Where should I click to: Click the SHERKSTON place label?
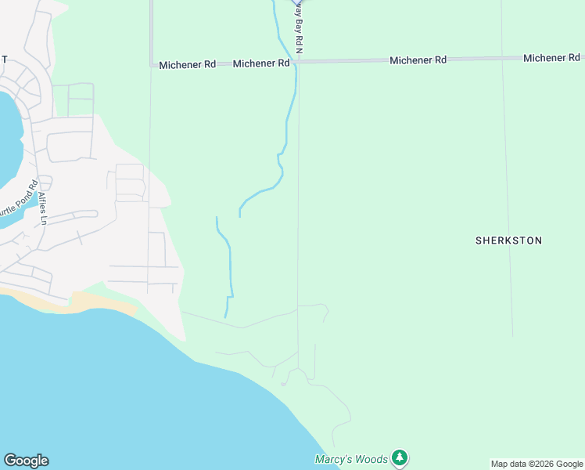[508, 240]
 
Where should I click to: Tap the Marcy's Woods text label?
[351, 459]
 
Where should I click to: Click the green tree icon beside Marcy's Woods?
[400, 457]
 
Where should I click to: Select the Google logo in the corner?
[26, 461]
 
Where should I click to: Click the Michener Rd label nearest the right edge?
[551, 58]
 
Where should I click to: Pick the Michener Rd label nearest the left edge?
[187, 65]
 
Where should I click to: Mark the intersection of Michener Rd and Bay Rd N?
[299, 61]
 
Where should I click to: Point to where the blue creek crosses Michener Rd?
[294, 62]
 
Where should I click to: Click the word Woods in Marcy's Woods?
[371, 459]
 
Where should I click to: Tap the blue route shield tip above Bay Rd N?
[298, 2]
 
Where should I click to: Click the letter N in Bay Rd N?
[298, 50]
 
